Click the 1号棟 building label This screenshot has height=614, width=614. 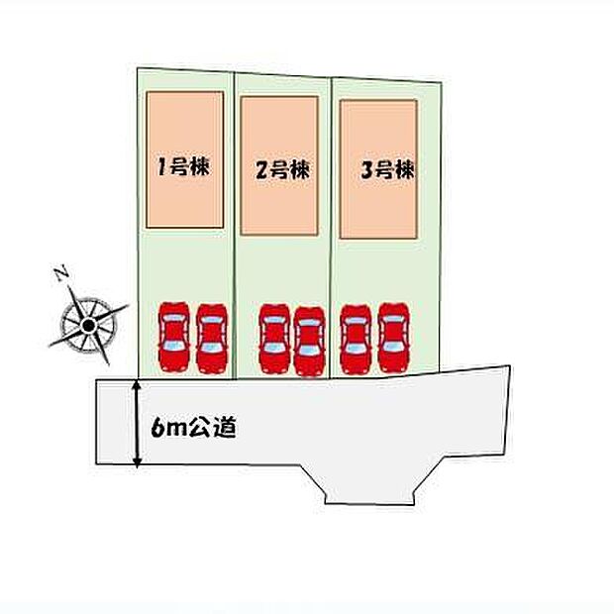(x=183, y=166)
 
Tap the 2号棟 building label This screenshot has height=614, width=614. (x=282, y=170)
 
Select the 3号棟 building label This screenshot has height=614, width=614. (x=387, y=170)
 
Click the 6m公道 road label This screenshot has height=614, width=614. (x=194, y=428)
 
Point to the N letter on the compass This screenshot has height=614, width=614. (x=61, y=274)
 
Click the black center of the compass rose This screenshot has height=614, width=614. (x=89, y=325)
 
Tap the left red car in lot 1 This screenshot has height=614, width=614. (x=174, y=337)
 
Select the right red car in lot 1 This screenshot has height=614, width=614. (x=212, y=339)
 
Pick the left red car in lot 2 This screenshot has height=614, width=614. (x=274, y=338)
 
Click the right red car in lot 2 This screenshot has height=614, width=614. (x=309, y=341)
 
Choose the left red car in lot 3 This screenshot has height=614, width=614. (x=356, y=339)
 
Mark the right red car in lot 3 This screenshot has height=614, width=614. (x=394, y=338)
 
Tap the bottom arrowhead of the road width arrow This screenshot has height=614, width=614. (x=137, y=462)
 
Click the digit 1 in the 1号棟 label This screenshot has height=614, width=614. (x=161, y=166)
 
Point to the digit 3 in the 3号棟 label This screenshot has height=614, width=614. (x=366, y=171)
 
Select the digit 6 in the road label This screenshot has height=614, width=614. (x=156, y=428)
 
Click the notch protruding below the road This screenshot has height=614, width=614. (x=369, y=485)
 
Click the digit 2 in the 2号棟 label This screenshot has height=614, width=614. (x=261, y=171)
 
